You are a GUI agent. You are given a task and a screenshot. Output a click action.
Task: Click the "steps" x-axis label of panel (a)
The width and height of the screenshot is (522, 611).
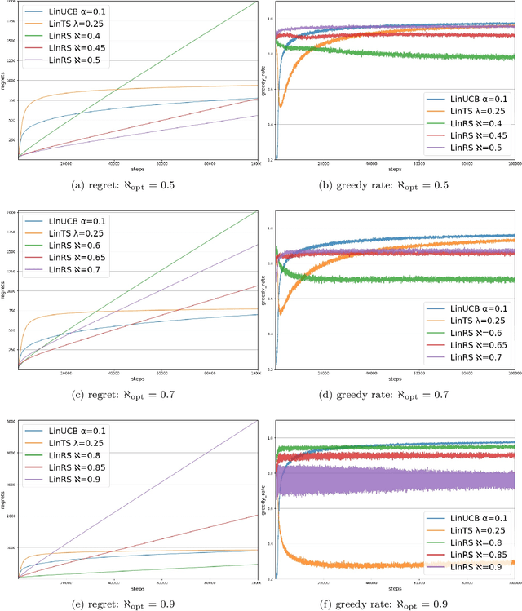point(138,168)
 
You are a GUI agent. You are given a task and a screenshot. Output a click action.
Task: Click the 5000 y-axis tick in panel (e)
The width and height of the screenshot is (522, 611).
point(11,422)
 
